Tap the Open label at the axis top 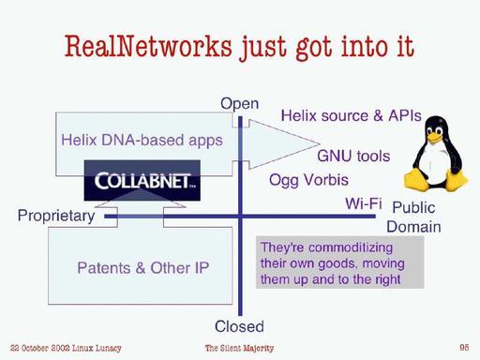pos(239,103)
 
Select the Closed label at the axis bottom pos(239,326)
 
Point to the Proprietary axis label pos(56,217)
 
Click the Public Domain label pos(413,217)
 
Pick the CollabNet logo pos(140,181)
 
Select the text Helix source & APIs pos(351,116)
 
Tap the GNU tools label pos(353,156)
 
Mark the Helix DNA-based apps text pos(142,141)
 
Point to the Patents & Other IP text pos(142,268)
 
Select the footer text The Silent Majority pos(240,348)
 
